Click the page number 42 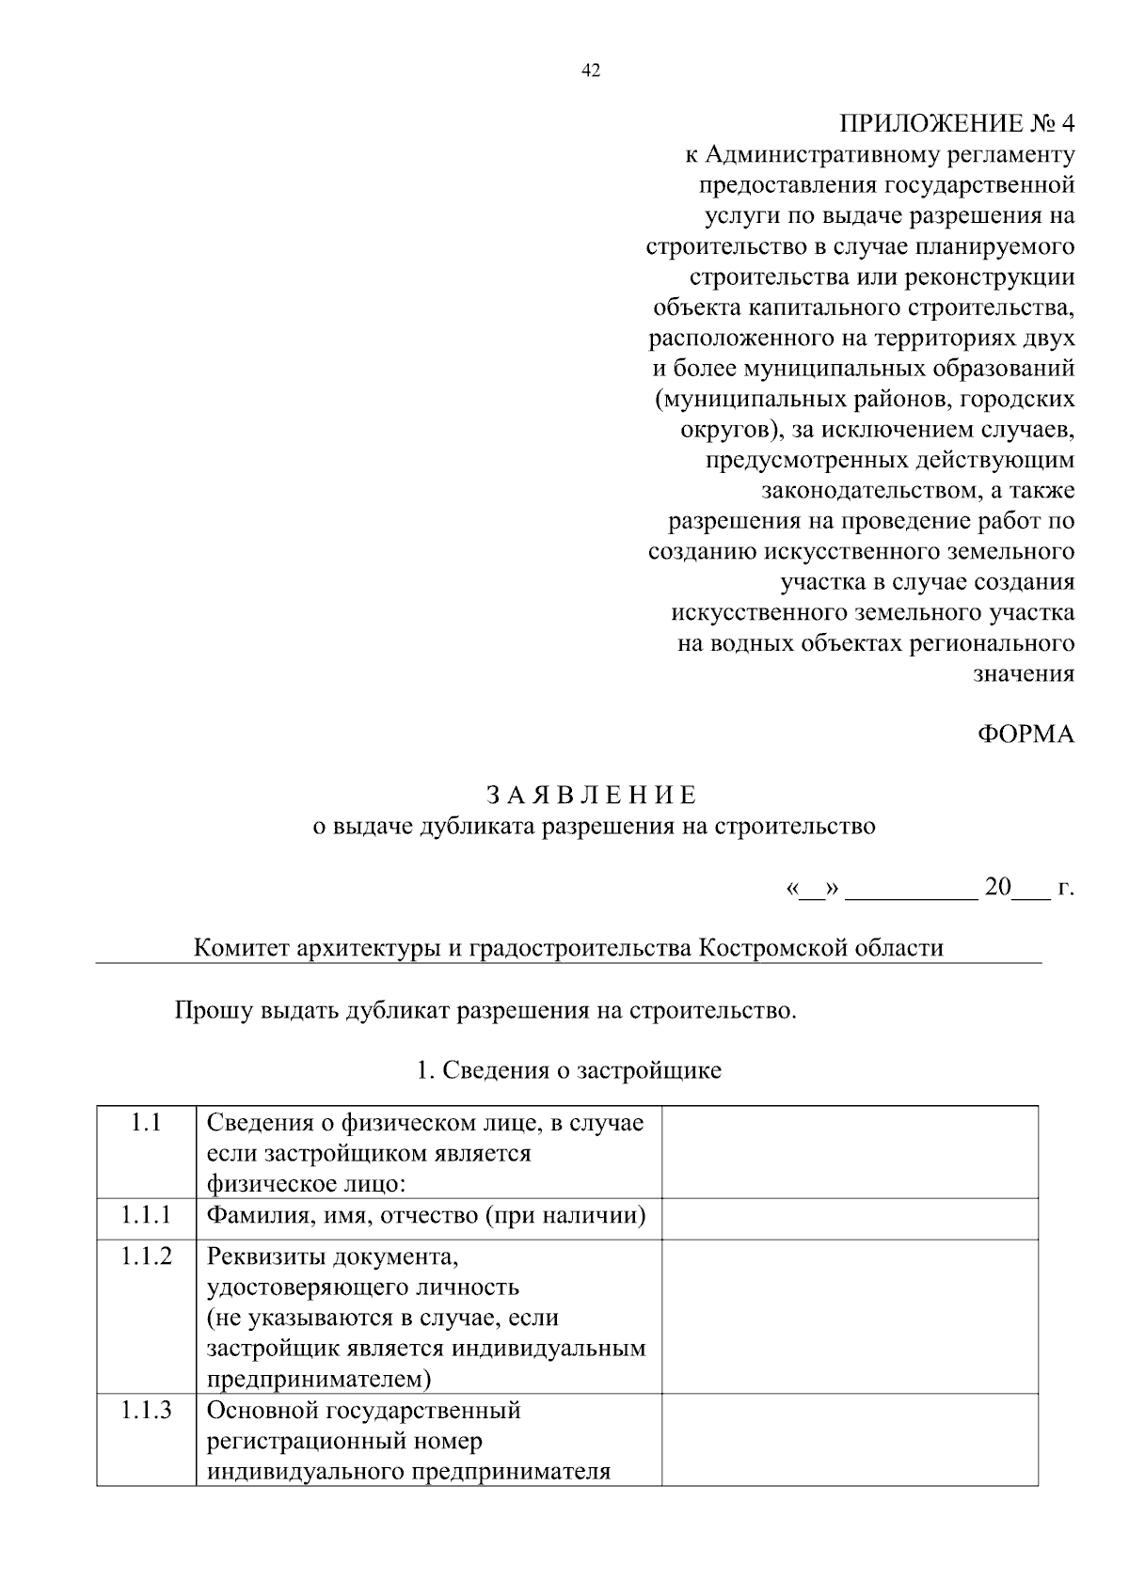[591, 71]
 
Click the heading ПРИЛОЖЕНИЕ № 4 [956, 124]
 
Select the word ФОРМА [1026, 735]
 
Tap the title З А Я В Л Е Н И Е [593, 795]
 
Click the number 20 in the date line [997, 887]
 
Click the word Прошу [213, 1011]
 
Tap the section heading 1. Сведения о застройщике [568, 1070]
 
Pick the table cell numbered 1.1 [146, 1123]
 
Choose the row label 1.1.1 [146, 1215]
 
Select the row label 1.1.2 [146, 1256]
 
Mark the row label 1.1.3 [146, 1411]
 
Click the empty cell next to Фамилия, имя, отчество [850, 1218]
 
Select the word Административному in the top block [844, 154]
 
